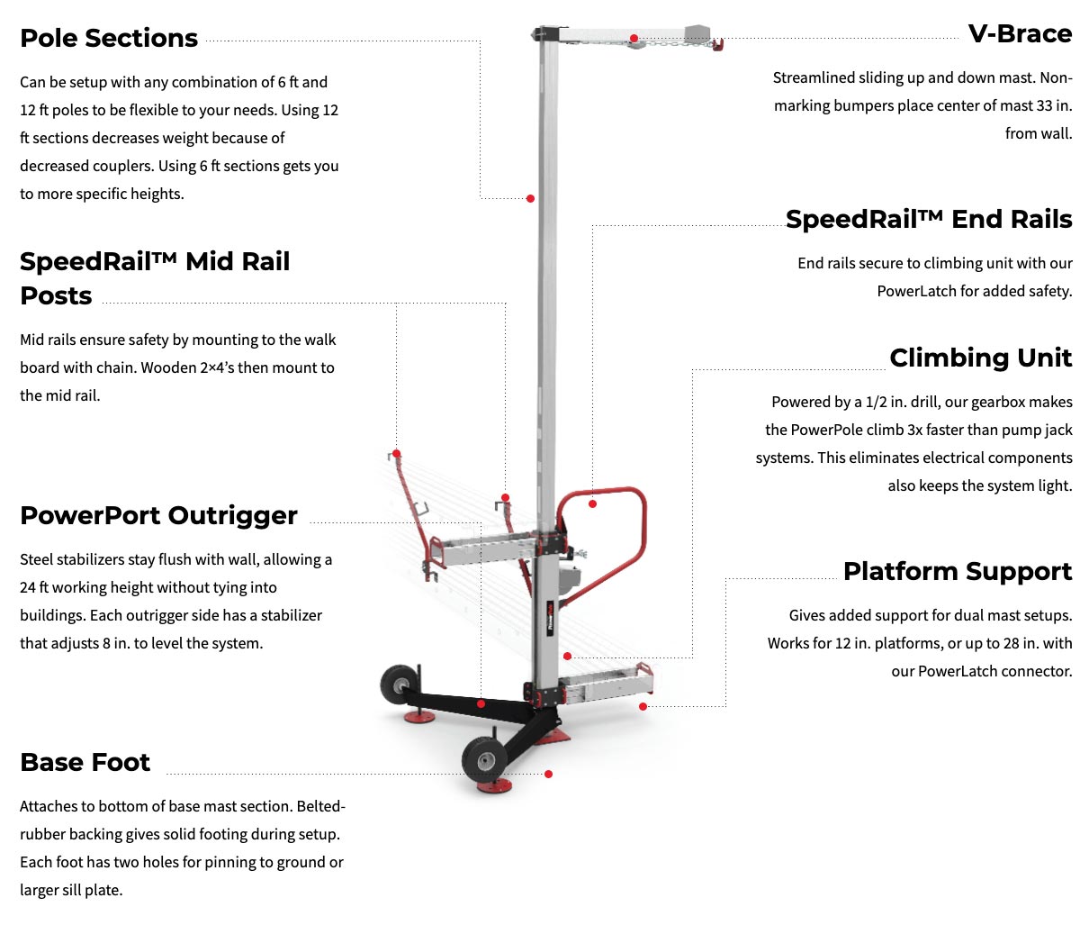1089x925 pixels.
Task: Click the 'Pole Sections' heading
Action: [109, 38]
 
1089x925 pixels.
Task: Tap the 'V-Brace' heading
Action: [1020, 33]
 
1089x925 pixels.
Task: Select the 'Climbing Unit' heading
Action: [980, 358]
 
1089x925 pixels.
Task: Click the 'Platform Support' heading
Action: [958, 571]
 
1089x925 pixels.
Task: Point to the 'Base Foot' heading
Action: [85, 762]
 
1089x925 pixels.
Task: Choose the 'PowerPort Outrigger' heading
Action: [158, 515]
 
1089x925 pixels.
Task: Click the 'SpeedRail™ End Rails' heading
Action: [929, 219]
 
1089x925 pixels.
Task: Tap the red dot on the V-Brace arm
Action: [634, 38]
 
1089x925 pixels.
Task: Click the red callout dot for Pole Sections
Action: [530, 198]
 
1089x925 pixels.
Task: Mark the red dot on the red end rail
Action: [592, 503]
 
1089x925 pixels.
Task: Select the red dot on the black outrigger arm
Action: [481, 703]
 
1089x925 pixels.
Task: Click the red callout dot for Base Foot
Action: [548, 774]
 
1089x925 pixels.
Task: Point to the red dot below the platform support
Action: [643, 706]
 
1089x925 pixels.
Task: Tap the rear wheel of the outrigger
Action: [396, 685]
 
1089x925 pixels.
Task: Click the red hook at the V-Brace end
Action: [717, 44]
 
